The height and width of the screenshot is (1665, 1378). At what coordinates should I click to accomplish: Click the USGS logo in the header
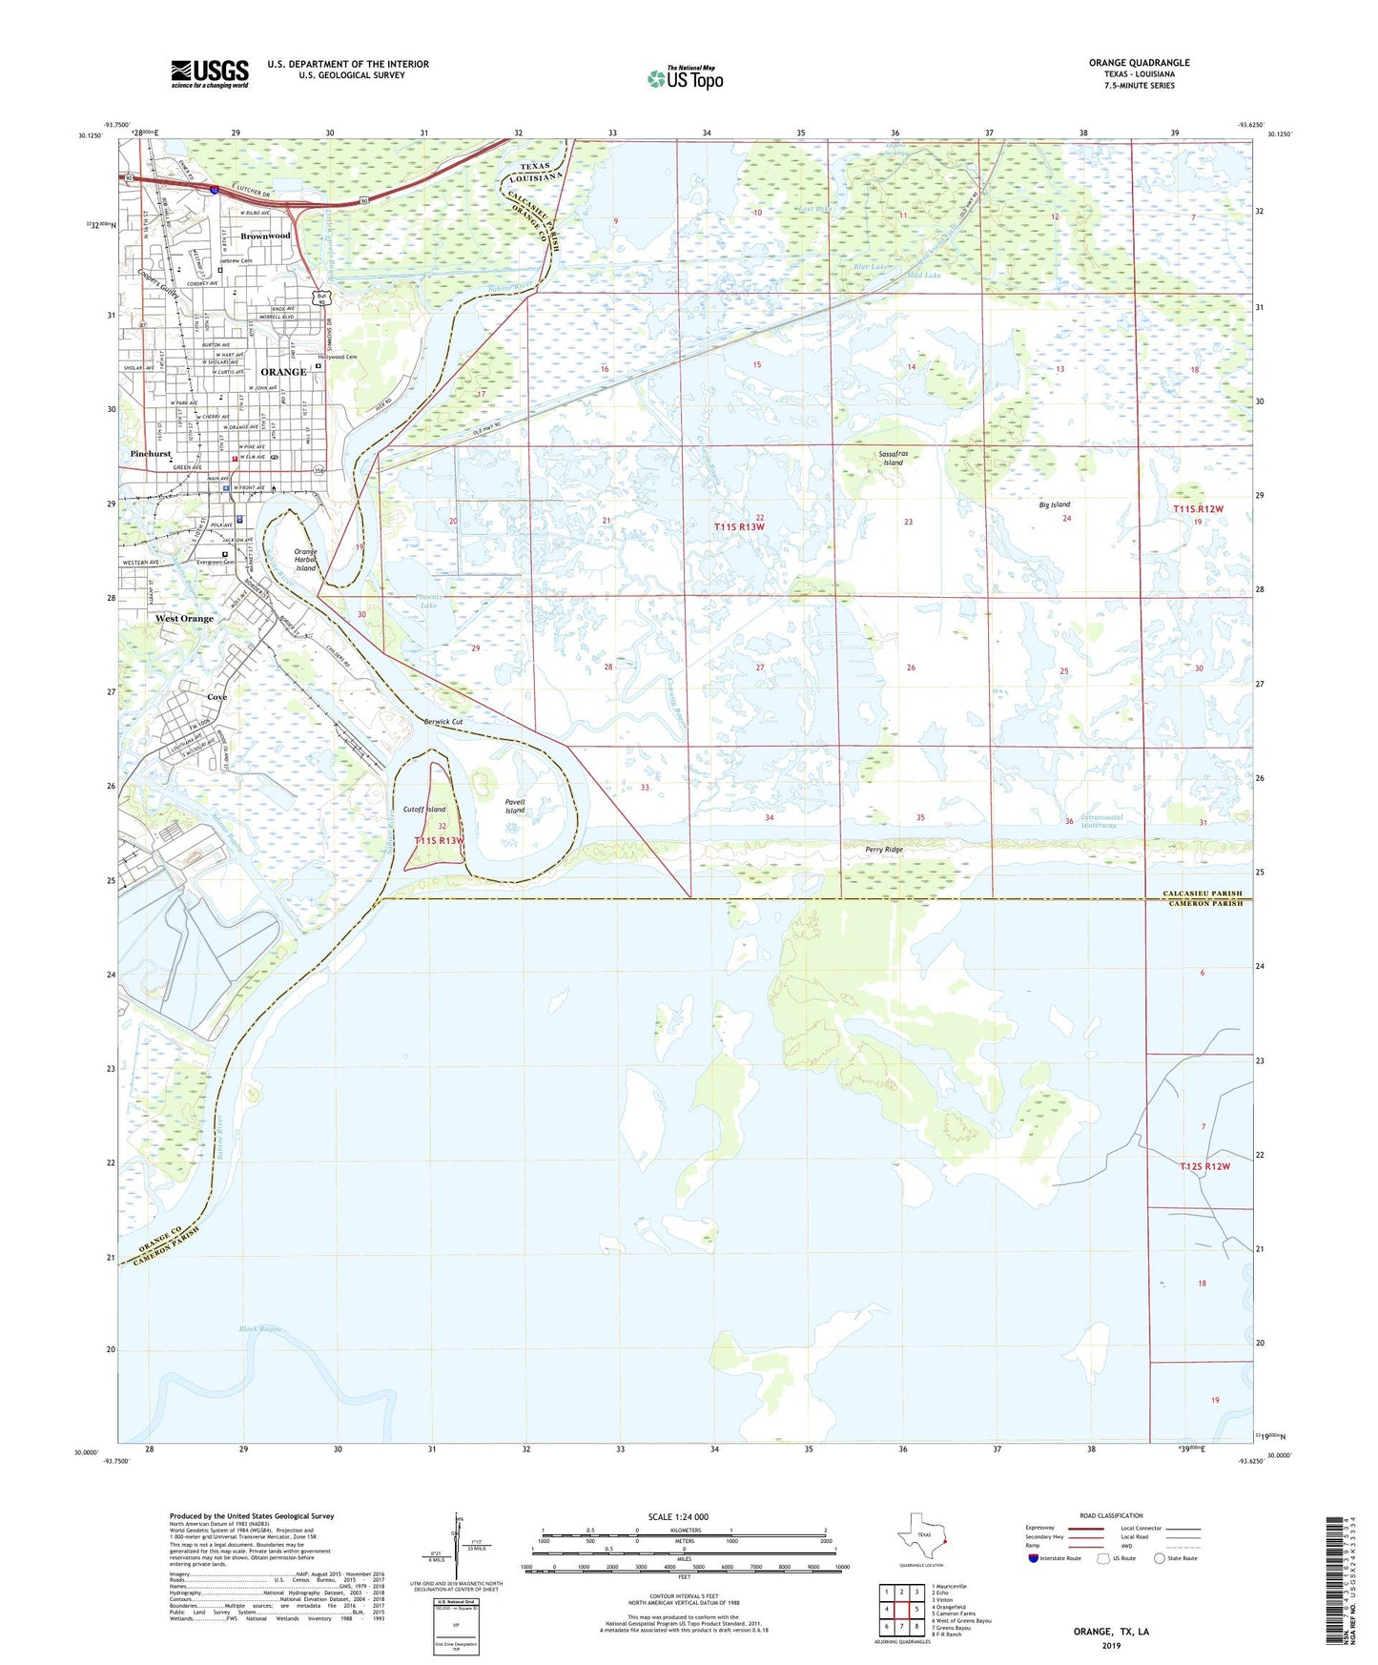pos(210,73)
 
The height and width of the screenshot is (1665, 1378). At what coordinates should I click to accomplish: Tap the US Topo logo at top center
pos(685,78)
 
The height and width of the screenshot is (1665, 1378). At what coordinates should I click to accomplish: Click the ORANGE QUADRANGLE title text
pos(1139,63)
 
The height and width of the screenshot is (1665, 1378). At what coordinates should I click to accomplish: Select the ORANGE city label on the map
pos(283,372)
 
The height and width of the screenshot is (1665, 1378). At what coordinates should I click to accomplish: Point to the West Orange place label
pos(185,618)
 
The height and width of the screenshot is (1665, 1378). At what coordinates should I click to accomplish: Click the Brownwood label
pos(265,236)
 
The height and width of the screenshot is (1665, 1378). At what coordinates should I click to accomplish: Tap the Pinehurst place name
pos(151,454)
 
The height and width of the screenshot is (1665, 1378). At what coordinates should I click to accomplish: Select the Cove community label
pos(217,697)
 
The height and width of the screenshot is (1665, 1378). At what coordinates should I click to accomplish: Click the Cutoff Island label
pos(424,809)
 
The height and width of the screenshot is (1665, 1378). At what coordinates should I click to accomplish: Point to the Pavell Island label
pos(515,806)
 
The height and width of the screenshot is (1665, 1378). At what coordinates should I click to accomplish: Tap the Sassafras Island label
pos(892,458)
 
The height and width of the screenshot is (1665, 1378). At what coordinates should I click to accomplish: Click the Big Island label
pos(1055,504)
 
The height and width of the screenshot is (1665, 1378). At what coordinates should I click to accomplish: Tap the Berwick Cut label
pos(443,722)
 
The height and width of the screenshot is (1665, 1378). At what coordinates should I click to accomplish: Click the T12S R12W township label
pos(1204,1166)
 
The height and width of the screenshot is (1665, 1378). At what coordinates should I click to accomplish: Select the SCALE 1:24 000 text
pos(678,1516)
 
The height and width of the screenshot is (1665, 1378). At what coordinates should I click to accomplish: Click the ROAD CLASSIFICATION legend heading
pos(1111,1515)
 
